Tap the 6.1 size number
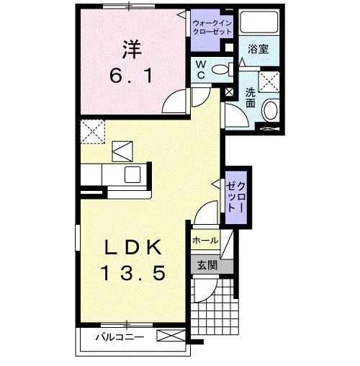point(130,75)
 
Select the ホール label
point(204,240)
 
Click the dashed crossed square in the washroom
point(271,81)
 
